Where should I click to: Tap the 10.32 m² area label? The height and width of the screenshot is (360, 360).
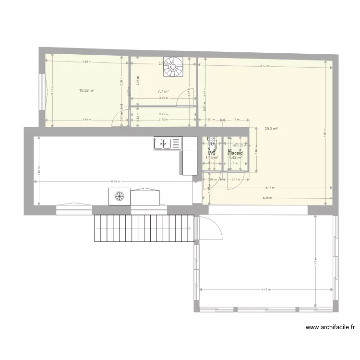point(86,90)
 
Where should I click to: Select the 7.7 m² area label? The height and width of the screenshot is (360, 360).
point(163,91)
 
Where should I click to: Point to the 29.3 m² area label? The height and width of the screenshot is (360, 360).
point(272,129)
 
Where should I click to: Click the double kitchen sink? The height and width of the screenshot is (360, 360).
point(164,143)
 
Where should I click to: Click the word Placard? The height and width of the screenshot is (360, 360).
point(236,154)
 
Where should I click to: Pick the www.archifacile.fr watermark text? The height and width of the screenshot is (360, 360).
point(330,328)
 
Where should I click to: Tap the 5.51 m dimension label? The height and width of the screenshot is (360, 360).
point(266,289)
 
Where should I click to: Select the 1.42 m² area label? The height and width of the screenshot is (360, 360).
point(235,158)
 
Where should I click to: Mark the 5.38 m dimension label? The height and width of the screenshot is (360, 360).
point(267,197)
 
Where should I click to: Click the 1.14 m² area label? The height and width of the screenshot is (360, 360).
point(212,157)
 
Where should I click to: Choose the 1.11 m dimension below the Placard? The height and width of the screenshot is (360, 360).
point(236,180)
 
